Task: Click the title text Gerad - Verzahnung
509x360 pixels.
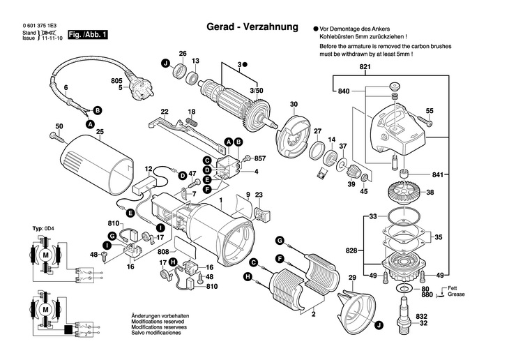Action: pyautogui.click(x=252, y=27)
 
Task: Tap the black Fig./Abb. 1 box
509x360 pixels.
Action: pyautogui.click(x=92, y=34)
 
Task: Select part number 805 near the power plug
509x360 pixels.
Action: pyautogui.click(x=117, y=81)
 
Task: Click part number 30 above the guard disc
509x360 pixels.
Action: pyautogui.click(x=294, y=105)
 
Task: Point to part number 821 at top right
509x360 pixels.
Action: pyautogui.click(x=365, y=66)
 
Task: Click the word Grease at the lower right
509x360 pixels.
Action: pyautogui.click(x=457, y=294)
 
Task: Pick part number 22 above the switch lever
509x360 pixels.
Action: pyautogui.click(x=165, y=112)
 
